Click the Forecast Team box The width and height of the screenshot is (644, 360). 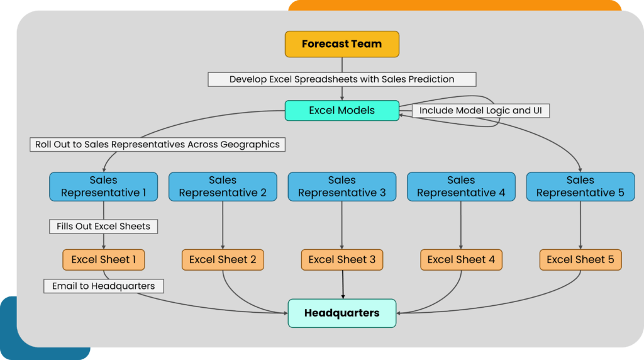point(342,44)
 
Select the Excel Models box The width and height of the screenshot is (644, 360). point(342,110)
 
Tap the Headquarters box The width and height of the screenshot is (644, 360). point(342,313)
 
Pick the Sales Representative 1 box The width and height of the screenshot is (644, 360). point(103,186)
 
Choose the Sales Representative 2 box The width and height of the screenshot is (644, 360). point(223,186)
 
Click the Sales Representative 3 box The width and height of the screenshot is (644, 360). point(342,186)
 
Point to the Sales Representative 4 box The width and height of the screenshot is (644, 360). point(461,186)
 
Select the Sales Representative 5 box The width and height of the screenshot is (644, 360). point(580,186)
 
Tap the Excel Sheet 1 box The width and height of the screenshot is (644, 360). point(103,259)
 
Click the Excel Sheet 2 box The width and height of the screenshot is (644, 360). point(223,259)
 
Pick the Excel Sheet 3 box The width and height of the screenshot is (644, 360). point(342,259)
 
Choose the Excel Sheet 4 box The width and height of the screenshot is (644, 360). point(461,259)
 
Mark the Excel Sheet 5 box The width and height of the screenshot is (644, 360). point(580,259)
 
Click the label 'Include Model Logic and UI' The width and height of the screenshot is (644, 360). point(481,110)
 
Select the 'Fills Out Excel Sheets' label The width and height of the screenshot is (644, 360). point(103,226)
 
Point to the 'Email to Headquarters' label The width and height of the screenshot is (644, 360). point(103,286)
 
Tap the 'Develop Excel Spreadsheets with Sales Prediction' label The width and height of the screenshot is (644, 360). point(342,79)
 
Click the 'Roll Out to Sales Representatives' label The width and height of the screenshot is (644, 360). point(157,144)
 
